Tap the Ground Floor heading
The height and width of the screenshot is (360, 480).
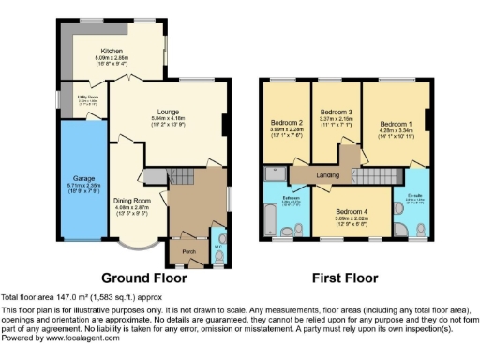click(x=143, y=277)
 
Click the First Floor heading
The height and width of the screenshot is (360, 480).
click(x=346, y=277)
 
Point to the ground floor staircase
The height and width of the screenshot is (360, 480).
click(x=178, y=175)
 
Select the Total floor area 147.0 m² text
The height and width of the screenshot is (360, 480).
click(x=67, y=296)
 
